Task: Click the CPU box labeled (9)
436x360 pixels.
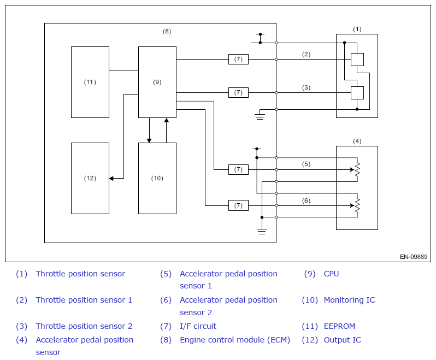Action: click(157, 82)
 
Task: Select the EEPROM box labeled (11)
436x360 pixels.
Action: click(90, 82)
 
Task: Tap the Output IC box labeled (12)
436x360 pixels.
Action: click(90, 178)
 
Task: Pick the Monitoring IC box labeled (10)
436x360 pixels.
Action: click(157, 178)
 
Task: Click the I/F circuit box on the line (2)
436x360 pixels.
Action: click(238, 59)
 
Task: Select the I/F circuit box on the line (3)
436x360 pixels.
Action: click(238, 92)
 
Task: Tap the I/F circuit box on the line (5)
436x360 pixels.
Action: click(238, 169)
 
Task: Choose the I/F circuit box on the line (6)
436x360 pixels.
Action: click(238, 206)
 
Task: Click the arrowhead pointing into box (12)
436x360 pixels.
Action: click(111, 178)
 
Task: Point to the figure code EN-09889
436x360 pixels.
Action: click(414, 257)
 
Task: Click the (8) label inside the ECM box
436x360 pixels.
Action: click(167, 32)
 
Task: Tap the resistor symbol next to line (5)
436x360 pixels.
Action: click(357, 169)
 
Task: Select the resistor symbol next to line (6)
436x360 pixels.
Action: click(357, 206)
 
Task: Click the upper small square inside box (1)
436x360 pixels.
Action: click(357, 60)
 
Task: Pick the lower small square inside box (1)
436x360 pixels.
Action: click(357, 93)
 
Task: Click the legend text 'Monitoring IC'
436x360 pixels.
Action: click(349, 300)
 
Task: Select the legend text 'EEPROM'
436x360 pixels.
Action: click(339, 326)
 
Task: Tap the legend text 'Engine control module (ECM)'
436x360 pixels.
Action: click(235, 340)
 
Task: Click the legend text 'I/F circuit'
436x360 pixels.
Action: click(198, 326)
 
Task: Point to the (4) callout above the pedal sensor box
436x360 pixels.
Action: click(357, 141)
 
